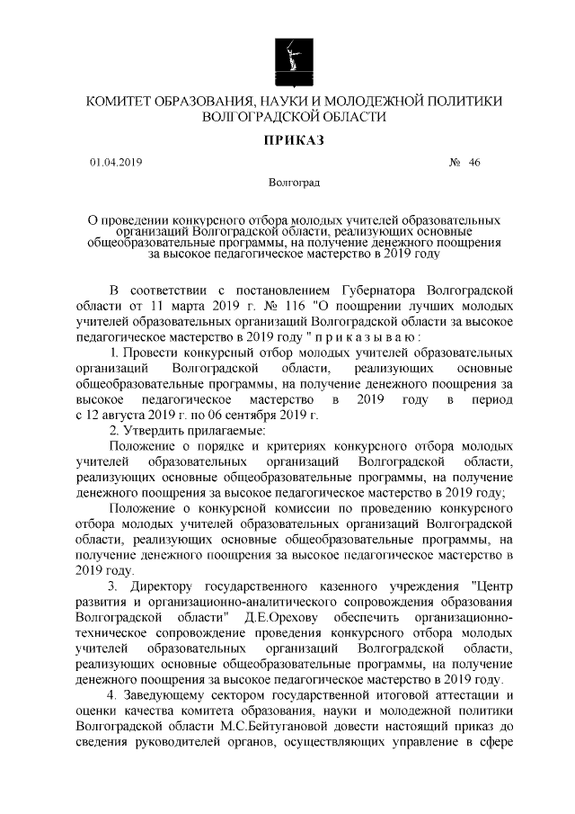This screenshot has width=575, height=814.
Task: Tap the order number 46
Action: pos(474,163)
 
